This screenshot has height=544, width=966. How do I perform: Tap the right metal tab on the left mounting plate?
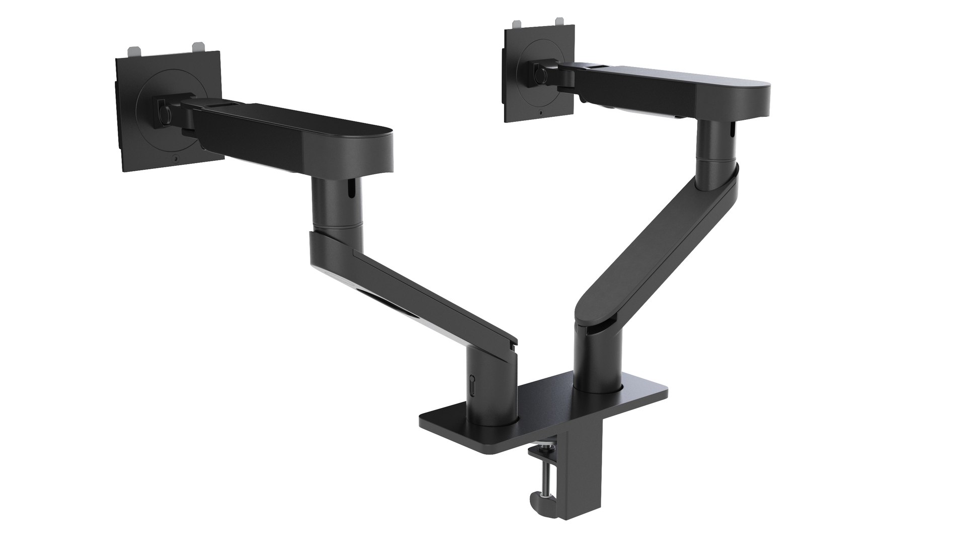(x=200, y=46)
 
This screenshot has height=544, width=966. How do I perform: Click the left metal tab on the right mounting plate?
(x=517, y=24)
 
